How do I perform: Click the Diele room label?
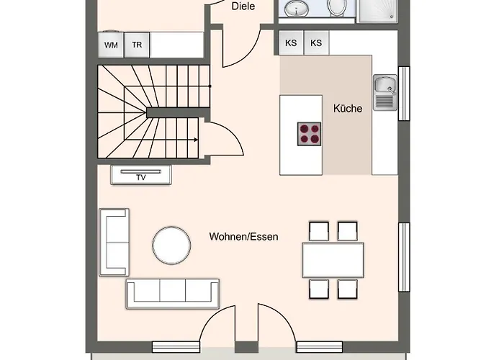243,6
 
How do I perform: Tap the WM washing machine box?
111,45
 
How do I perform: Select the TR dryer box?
137,45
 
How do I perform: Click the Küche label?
348,108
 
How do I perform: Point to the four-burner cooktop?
309,134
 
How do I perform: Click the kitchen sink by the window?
385,93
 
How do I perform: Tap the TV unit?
141,175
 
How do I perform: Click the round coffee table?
171,246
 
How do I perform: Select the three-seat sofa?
173,294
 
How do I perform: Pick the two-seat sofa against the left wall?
114,242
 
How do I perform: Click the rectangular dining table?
333,260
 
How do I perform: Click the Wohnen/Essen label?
243,237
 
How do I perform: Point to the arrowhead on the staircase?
196,140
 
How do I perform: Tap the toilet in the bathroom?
336,7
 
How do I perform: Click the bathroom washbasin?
297,7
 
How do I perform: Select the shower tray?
377,11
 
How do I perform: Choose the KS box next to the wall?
291,42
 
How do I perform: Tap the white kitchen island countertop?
301,135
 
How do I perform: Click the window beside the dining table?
404,257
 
